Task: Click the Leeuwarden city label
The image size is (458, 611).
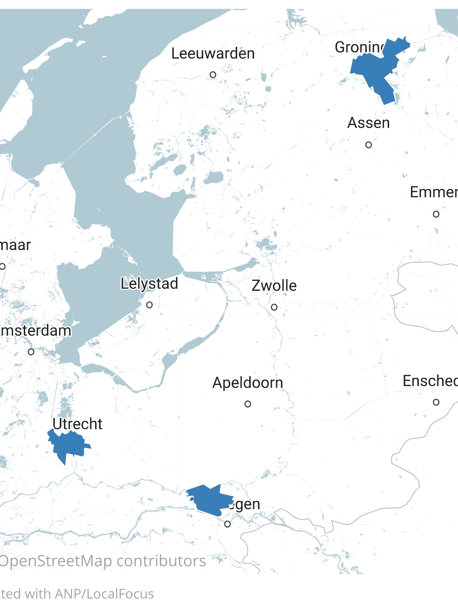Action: [x=213, y=53]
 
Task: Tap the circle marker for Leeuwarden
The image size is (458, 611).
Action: [x=213, y=74]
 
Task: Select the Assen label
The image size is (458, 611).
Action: [x=368, y=123]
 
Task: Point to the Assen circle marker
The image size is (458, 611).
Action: [x=369, y=145]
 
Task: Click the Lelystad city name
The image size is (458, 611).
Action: [x=149, y=284]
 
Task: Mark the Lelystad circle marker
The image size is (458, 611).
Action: [x=149, y=305]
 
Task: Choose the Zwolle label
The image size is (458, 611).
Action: [x=274, y=286]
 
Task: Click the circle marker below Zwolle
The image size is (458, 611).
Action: [x=274, y=307]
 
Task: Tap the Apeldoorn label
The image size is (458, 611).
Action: [x=248, y=383]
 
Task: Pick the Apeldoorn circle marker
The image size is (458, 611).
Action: [x=248, y=404]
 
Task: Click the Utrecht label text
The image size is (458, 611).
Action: [x=77, y=424]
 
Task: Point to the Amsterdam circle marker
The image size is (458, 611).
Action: [x=31, y=352]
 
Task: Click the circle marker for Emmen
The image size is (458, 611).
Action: [x=436, y=214]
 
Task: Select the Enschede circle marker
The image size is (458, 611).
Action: [x=436, y=402]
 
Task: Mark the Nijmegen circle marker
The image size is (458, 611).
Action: [x=227, y=524]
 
